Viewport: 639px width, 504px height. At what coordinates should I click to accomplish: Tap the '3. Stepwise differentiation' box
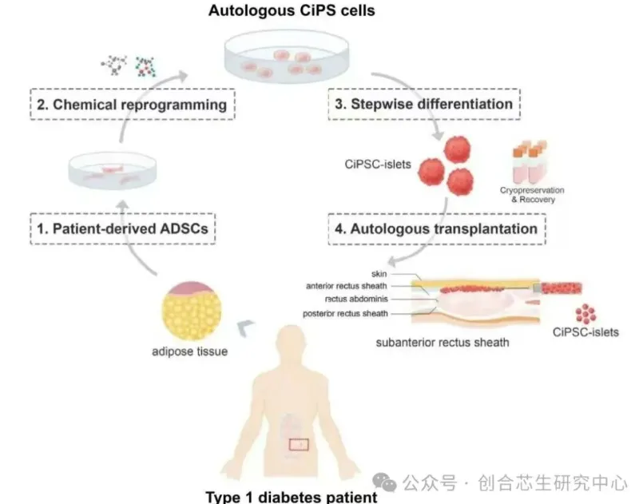click(x=421, y=104)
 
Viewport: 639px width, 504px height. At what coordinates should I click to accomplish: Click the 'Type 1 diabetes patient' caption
click(x=290, y=496)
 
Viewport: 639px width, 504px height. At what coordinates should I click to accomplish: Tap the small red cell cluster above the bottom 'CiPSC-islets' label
click(x=589, y=312)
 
